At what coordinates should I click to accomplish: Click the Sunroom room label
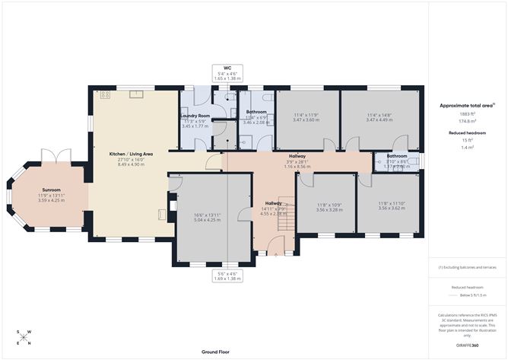pyautogui.click(x=51, y=190)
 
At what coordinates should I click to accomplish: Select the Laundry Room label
pyautogui.click(x=195, y=116)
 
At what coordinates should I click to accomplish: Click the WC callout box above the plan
pyautogui.click(x=227, y=73)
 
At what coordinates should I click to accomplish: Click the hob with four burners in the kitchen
pyautogui.click(x=104, y=94)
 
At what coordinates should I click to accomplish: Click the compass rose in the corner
pyautogui.click(x=24, y=338)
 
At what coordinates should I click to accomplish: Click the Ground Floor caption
pyautogui.click(x=217, y=352)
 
